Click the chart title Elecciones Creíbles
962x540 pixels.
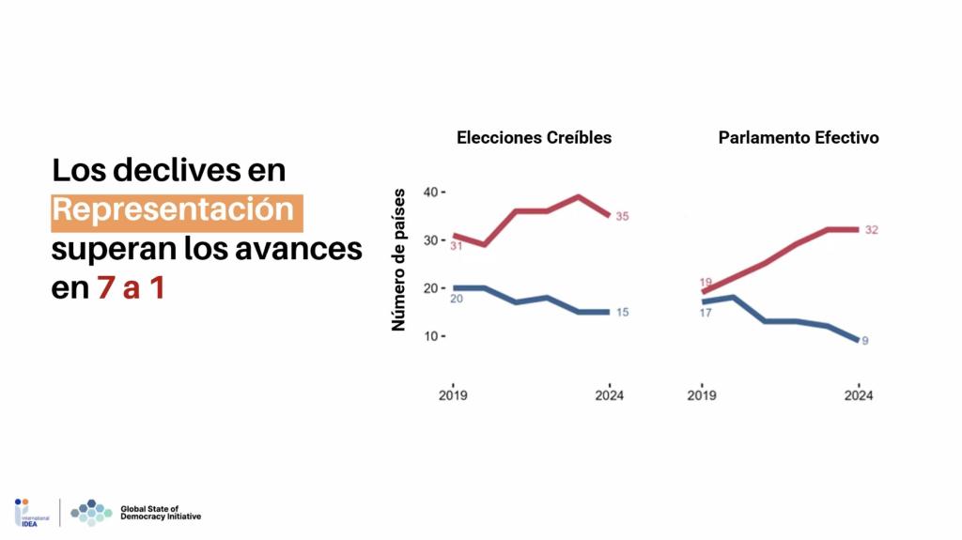pos(534,137)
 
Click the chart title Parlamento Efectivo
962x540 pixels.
pos(798,137)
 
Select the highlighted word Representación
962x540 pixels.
pos(178,209)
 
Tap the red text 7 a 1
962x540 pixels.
pos(131,288)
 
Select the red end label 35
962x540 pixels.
pos(622,217)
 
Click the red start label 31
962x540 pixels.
pos(458,246)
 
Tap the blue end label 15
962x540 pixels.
pos(622,312)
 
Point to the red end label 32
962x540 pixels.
pos(871,229)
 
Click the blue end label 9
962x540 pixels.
pos(865,341)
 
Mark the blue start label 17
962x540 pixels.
pos(706,313)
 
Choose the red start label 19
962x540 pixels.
pos(706,282)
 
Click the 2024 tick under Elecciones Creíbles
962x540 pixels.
pos(610,395)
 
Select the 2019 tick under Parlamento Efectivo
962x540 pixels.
pos(702,395)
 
